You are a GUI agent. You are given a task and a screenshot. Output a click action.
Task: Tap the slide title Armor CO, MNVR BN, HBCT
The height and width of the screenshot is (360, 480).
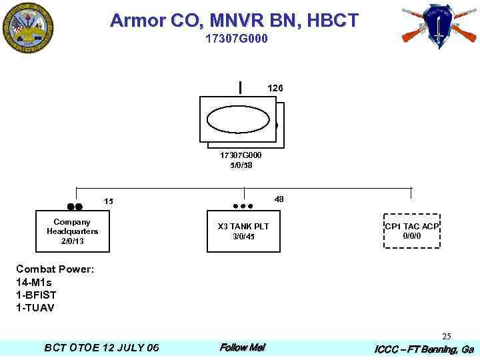pyautogui.click(x=235, y=21)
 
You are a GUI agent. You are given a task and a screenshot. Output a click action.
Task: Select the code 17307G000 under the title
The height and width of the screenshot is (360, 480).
pyautogui.click(x=237, y=39)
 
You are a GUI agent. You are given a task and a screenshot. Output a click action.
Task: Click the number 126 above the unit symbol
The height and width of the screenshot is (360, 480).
pyautogui.click(x=275, y=88)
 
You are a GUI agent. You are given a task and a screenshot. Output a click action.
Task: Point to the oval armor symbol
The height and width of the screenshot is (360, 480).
pyautogui.click(x=238, y=120)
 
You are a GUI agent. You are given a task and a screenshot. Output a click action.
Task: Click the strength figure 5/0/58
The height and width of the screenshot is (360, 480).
pyautogui.click(x=241, y=165)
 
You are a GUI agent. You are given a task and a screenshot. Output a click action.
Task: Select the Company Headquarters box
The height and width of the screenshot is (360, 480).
pyautogui.click(x=72, y=231)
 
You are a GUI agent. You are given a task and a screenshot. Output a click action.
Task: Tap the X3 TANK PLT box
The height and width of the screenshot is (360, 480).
pyautogui.click(x=243, y=231)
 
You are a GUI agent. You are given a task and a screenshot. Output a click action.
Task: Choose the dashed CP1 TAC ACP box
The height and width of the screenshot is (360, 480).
pyautogui.click(x=411, y=231)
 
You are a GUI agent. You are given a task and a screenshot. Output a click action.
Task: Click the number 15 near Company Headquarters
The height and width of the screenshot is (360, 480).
pyautogui.click(x=109, y=201)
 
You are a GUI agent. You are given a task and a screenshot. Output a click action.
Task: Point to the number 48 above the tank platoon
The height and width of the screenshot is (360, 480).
pyautogui.click(x=279, y=199)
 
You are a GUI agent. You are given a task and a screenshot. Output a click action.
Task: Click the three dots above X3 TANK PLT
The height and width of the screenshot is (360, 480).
pyautogui.click(x=243, y=207)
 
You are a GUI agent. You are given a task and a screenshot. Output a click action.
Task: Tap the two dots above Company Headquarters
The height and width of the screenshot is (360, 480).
pyautogui.click(x=75, y=207)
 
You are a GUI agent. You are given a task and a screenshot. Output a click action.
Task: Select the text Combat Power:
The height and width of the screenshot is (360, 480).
pyautogui.click(x=55, y=269)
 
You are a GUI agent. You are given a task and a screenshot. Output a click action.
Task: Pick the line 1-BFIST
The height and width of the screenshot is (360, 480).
pyautogui.click(x=36, y=295)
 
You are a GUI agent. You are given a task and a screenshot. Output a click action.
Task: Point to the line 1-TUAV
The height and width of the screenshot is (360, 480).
pyautogui.click(x=35, y=307)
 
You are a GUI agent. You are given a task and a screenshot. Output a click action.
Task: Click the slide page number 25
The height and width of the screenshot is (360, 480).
pyautogui.click(x=447, y=336)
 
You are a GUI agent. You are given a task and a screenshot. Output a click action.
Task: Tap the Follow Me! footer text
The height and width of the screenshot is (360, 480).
pyautogui.click(x=242, y=347)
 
